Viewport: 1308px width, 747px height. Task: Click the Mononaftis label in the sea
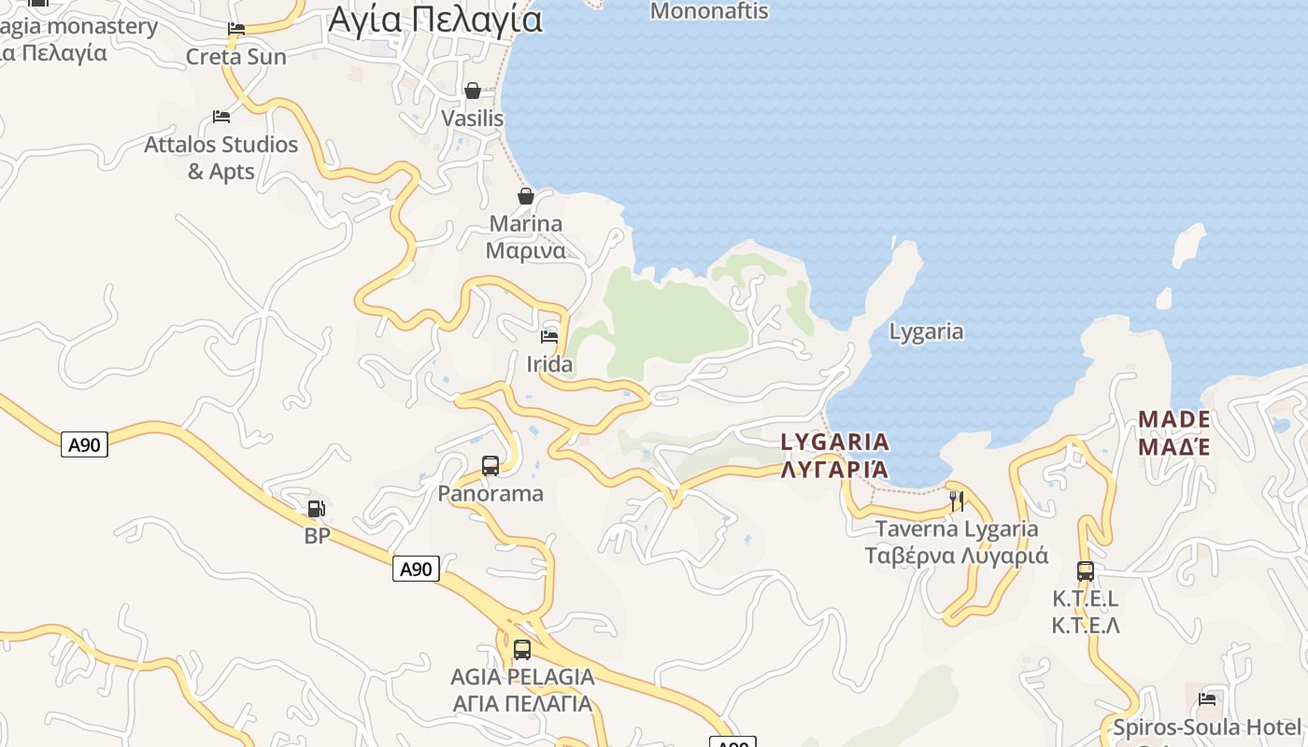[709, 11]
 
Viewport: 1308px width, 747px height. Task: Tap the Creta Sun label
[235, 57]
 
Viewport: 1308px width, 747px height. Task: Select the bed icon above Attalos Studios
[221, 117]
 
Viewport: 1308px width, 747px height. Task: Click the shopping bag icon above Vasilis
[473, 91]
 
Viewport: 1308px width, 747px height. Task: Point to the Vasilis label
[472, 119]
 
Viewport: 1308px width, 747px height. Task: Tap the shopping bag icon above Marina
[526, 196]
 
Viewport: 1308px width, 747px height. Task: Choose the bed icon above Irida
[549, 336]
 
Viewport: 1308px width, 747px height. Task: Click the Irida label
[549, 364]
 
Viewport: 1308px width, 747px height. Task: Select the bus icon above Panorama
[490, 465]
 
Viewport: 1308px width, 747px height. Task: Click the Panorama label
[490, 493]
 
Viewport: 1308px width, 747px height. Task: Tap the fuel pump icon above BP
[317, 509]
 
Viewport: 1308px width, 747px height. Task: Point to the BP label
[318, 536]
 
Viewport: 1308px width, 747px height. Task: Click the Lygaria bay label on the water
[926, 331]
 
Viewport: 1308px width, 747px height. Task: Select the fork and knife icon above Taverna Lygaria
[957, 501]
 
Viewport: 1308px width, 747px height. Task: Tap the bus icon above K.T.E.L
[1085, 571]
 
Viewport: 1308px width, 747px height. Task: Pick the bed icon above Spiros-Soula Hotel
[1207, 699]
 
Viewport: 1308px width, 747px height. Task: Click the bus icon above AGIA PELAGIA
[522, 649]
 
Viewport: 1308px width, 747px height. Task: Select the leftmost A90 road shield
[85, 444]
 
